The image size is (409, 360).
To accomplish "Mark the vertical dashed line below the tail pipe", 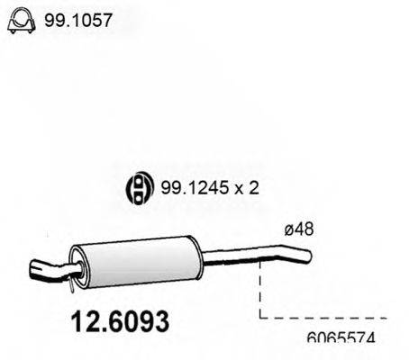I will click(259, 288).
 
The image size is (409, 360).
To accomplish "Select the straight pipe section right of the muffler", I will click(230, 260).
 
